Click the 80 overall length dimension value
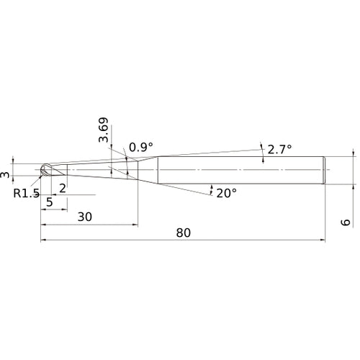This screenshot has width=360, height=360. click(184, 233)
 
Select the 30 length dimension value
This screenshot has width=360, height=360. click(85, 217)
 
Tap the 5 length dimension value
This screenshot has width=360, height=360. click(50, 202)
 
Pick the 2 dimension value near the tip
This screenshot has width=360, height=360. click(63, 189)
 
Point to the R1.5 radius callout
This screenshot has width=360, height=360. click(26, 193)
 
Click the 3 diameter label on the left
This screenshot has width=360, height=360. click(5, 174)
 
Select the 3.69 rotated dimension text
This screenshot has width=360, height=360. click(104, 130)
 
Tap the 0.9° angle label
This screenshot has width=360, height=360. click(141, 147)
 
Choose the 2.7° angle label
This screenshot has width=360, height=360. click(279, 150)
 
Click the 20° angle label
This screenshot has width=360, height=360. click(227, 193)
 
